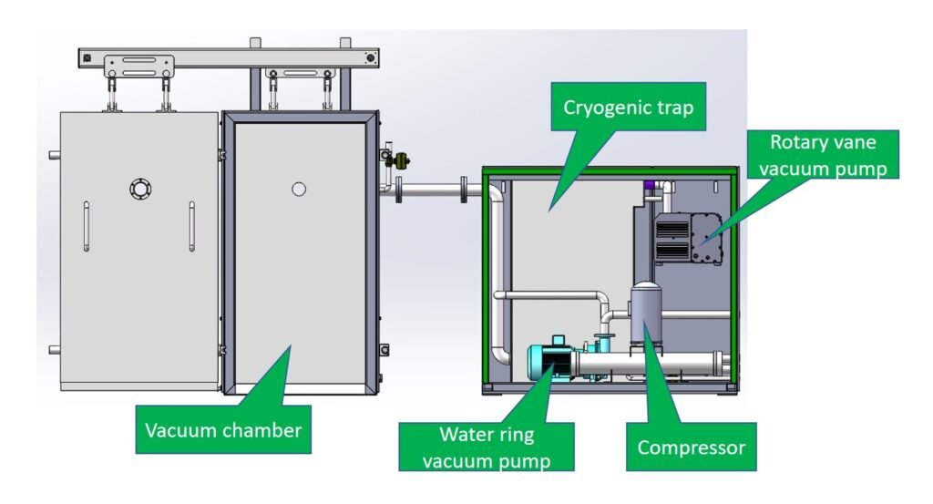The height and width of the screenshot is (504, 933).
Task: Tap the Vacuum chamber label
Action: coord(222,430)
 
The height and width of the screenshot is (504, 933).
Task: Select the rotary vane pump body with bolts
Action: coord(706,239)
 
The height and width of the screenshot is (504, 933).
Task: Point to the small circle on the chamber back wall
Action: coord(298,190)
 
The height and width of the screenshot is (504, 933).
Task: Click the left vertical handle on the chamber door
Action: coord(86,225)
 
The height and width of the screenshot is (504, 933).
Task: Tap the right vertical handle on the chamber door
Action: coord(192,225)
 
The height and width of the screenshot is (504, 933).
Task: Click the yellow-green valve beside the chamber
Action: coord(399,162)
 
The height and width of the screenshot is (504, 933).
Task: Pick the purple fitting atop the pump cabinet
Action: coord(650,186)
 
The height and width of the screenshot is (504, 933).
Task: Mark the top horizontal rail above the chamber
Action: coord(228,56)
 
